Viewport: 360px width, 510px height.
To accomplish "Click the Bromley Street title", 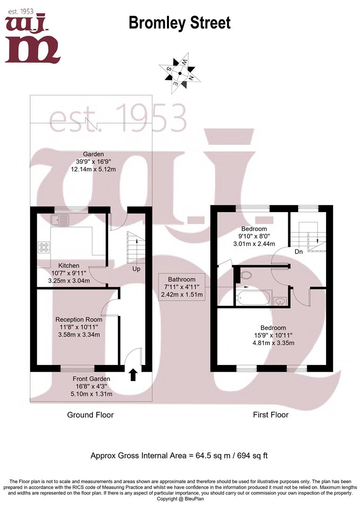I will (180, 23).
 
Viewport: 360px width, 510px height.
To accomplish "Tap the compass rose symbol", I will (179, 74).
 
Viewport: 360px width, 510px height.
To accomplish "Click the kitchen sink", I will (61, 219).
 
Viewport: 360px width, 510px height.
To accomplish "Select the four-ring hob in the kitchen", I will (44, 247).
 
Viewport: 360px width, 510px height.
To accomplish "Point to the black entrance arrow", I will (133, 375).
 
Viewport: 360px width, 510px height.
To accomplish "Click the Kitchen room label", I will (68, 266).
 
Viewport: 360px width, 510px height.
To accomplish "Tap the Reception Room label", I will (79, 320).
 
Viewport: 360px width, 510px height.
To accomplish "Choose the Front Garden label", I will (92, 379).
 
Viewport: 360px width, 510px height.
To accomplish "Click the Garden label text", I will (93, 154).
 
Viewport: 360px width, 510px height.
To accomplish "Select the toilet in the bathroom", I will (247, 275).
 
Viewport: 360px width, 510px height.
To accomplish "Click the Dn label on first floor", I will (298, 252).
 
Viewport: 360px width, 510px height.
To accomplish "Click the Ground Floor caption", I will (90, 415).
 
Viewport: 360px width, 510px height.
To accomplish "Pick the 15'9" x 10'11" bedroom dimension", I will (273, 335).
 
